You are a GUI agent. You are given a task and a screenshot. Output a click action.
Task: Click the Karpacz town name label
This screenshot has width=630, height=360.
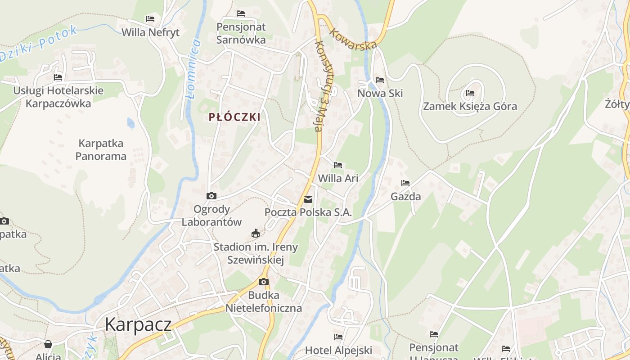138,324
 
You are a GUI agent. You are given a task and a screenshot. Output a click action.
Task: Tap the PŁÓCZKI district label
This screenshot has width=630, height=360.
234,117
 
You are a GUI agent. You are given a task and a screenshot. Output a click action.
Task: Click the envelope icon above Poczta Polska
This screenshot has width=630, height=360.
308,199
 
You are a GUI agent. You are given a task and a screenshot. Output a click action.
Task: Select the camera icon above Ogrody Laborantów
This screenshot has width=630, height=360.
211,196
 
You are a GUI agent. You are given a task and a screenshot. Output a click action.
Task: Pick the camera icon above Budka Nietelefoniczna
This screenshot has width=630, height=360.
264,282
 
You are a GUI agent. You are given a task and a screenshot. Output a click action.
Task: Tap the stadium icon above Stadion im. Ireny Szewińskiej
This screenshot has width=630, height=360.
256,233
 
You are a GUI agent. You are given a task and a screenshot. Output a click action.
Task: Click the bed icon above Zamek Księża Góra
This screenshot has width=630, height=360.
470,93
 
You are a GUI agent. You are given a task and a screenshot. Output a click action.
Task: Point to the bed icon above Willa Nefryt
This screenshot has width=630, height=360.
150,19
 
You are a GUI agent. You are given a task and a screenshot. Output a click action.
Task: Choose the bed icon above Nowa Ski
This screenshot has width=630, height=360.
380,80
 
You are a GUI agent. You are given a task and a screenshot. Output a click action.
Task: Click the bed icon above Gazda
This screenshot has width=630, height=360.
405,183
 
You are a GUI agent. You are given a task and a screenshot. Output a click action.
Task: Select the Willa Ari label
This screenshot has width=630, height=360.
338,178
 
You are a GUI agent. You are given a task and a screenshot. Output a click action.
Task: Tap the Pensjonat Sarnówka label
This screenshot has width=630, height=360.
241,33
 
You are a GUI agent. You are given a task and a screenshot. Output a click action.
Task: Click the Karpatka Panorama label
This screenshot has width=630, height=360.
101,150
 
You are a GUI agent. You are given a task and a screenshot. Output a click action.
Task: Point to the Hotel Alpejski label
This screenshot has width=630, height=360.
338,350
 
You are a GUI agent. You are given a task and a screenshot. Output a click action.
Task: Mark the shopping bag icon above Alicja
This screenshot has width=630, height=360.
48,344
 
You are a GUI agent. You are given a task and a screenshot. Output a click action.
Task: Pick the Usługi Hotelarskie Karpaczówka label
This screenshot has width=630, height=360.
58,97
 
